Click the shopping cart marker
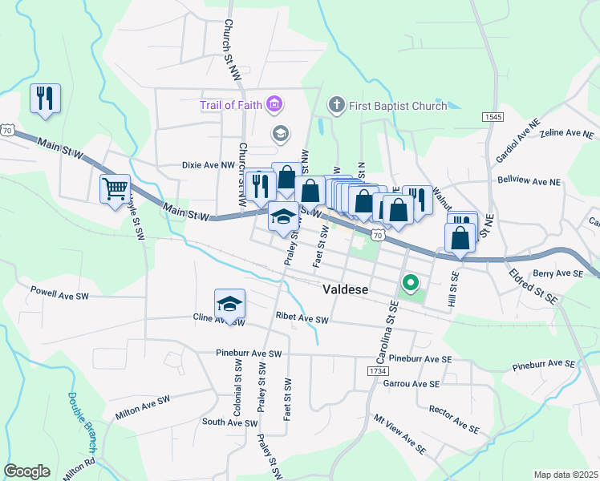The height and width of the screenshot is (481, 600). click(x=115, y=189)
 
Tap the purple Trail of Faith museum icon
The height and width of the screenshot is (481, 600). click(x=275, y=105)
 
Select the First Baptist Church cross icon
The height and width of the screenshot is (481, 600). click(x=336, y=105)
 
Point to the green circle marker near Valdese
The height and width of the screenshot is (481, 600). click(x=410, y=283)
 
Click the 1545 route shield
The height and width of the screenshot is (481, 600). click(x=493, y=117)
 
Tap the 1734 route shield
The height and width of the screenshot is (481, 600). click(x=379, y=372)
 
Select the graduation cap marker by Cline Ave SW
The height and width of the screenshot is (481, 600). click(x=229, y=304)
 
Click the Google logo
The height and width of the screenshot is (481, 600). click(x=26, y=471)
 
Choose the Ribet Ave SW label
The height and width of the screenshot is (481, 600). click(x=302, y=319)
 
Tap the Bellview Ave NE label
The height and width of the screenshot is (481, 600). click(x=529, y=182)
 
